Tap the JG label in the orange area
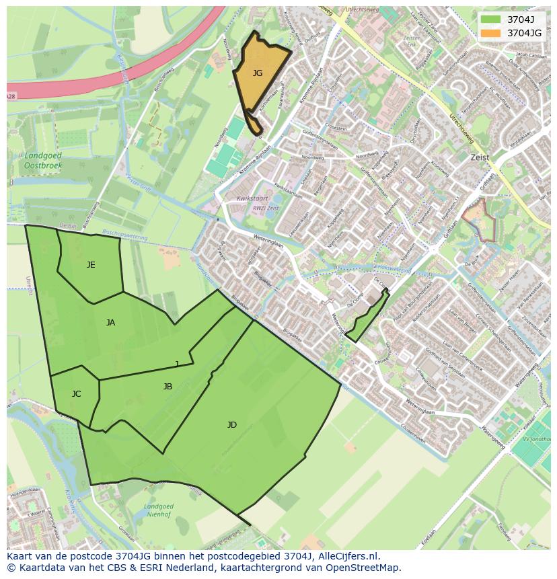pos(258,73)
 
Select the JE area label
pos(91,265)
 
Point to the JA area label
pos(110,323)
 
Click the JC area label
pos(76,394)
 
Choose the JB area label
pos(168,387)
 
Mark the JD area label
pos(231,425)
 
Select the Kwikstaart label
pos(252,199)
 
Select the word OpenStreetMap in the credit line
pos(366,568)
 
